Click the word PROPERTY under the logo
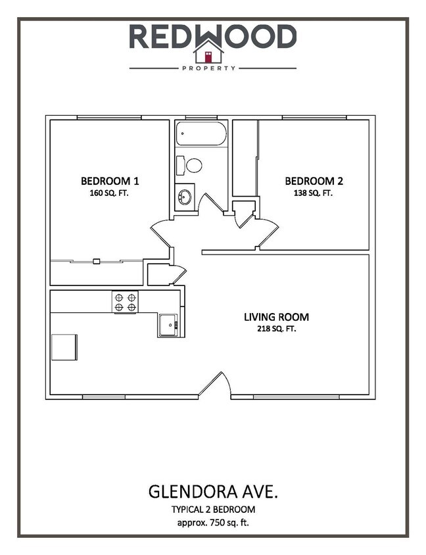tap(212, 68)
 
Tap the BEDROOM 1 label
tap(110, 181)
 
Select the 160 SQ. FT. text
tap(110, 193)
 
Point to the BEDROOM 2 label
tap(314, 181)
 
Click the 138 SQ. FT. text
tap(314, 193)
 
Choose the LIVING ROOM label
tap(276, 317)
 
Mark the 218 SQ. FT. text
tap(276, 329)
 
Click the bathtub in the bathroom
tap(201, 134)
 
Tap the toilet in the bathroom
tap(191, 164)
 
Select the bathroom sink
tap(185, 197)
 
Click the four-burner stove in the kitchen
tap(125, 301)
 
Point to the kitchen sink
tap(168, 324)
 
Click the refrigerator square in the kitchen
tap(64, 347)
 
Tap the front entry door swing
tap(216, 385)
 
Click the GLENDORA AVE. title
tap(212, 492)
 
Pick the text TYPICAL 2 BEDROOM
tap(212, 510)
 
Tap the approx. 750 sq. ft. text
tap(212, 523)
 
